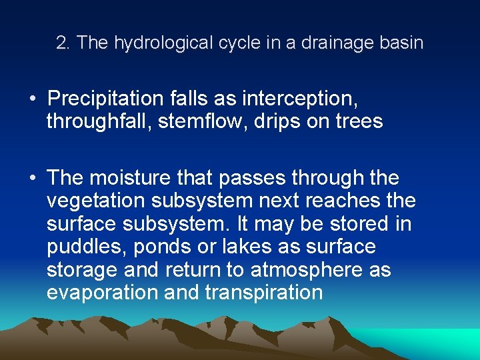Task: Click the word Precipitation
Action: [105, 99]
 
